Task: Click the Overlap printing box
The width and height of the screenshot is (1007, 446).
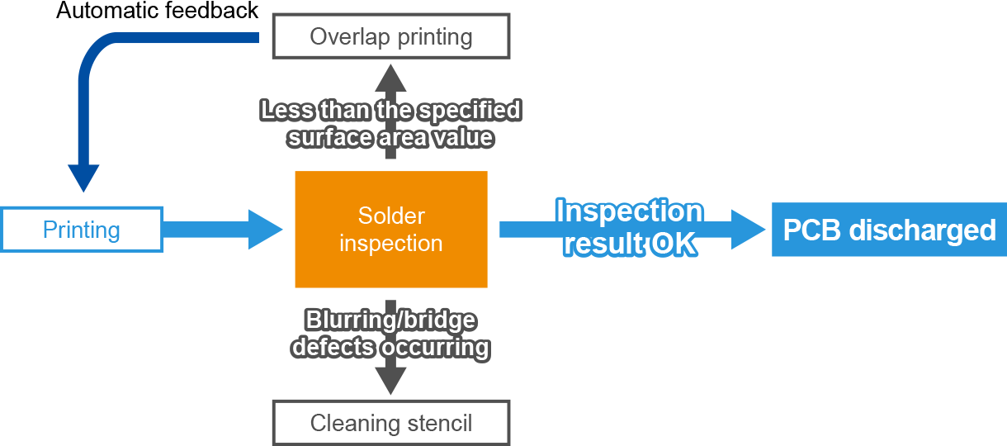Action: click(391, 36)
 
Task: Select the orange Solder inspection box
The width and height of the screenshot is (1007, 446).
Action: click(391, 229)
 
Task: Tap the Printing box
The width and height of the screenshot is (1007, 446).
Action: click(82, 230)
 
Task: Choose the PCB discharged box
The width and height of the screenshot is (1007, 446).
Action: click(889, 230)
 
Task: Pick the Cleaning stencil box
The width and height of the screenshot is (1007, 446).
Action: click(391, 423)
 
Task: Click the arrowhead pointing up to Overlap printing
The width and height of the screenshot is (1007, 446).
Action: click(390, 78)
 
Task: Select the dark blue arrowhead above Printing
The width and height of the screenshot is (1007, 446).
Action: click(83, 178)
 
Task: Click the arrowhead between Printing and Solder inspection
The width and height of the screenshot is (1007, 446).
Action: click(265, 230)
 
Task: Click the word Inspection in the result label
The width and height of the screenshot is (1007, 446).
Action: click(630, 211)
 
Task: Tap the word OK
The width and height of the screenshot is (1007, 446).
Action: click(674, 244)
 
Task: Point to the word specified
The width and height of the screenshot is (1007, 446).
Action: click(470, 111)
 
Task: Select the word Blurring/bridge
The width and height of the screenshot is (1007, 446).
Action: click(390, 320)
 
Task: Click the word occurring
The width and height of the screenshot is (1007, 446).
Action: click(435, 348)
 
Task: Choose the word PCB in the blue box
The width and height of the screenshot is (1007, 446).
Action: click(812, 230)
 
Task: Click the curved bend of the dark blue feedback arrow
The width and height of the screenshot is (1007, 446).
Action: click(97, 52)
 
